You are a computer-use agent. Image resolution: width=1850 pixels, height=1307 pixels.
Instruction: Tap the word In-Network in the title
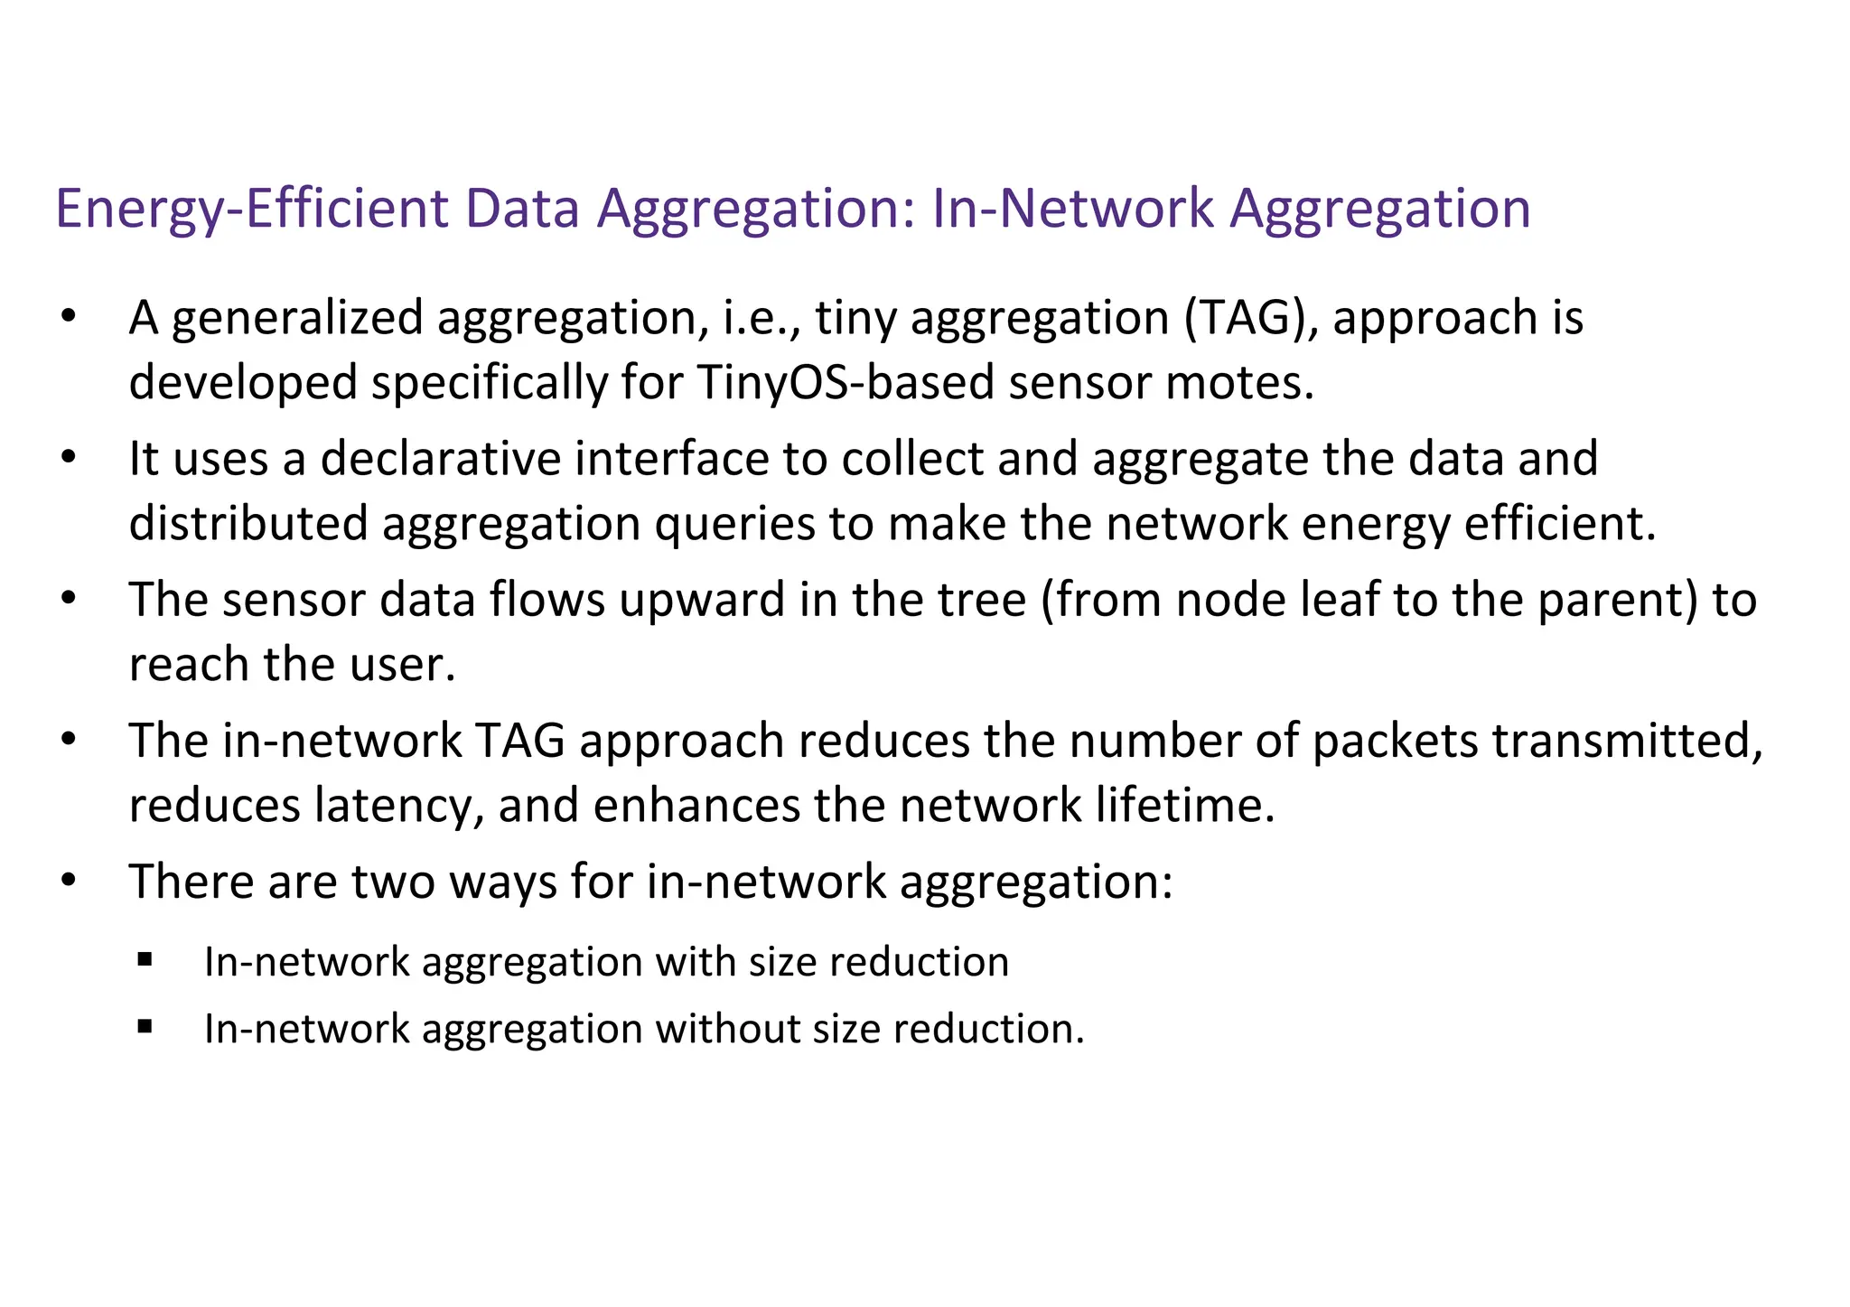[1072, 208]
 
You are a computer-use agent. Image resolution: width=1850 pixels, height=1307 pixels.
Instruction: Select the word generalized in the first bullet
[297, 320]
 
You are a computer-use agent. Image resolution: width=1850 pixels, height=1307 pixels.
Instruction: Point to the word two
[392, 882]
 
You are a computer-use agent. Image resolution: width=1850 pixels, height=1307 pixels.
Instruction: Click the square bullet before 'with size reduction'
[145, 959]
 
